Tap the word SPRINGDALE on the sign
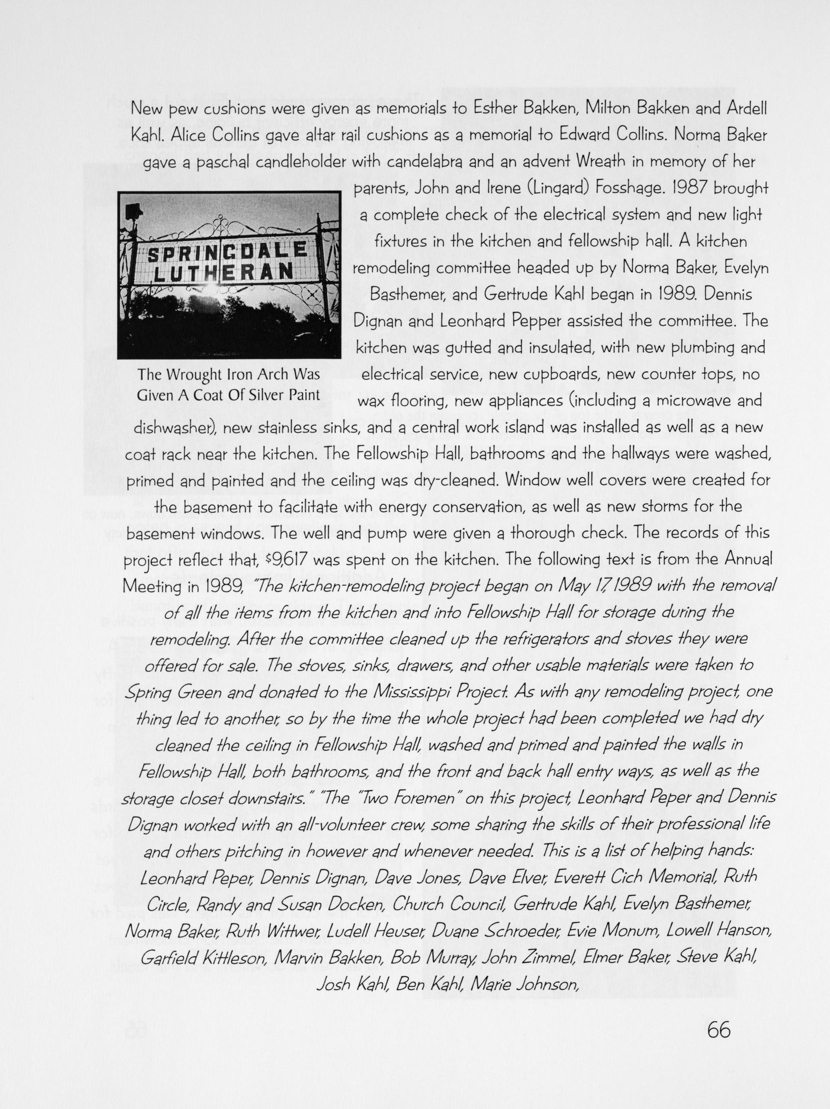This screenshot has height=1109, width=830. click(227, 251)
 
